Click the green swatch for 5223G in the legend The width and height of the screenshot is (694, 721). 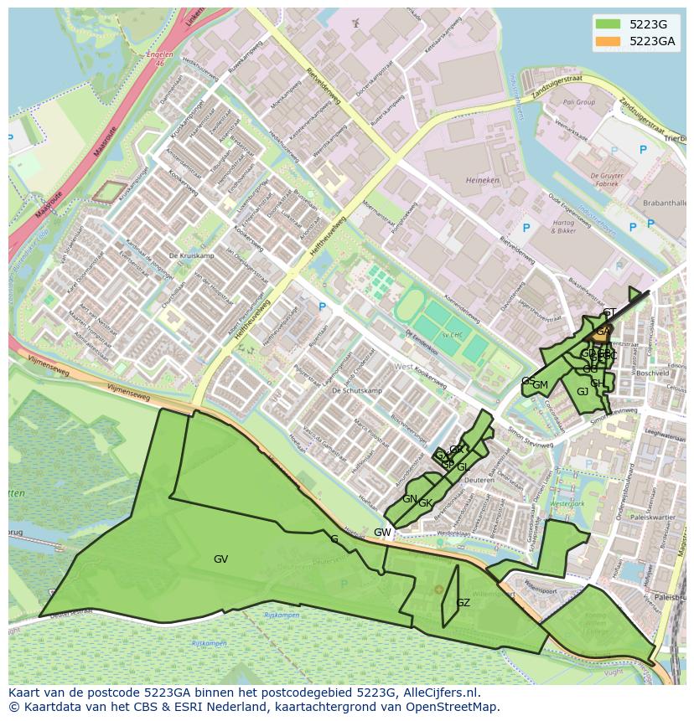(608, 24)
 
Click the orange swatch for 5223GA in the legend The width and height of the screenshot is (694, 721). (608, 41)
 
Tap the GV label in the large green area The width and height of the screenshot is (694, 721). (220, 559)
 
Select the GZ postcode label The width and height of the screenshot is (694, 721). (463, 603)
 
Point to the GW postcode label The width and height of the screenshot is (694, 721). (382, 533)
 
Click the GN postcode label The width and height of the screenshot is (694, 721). (409, 499)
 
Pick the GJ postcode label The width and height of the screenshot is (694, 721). (583, 392)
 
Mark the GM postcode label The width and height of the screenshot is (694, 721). (541, 385)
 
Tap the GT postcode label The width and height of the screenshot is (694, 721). (609, 313)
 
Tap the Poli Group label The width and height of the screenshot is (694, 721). (579, 102)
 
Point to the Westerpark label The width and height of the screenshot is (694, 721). (567, 504)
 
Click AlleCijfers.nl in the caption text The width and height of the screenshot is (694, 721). (439, 693)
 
